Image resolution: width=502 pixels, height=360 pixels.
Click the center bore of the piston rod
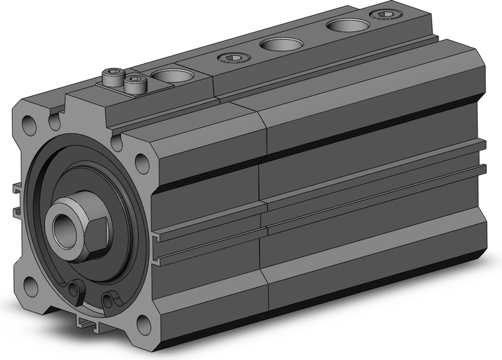tap(62, 225)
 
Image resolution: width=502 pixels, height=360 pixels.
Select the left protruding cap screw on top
tap(110, 78)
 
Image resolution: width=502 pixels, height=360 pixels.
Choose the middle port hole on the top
tap(278, 45)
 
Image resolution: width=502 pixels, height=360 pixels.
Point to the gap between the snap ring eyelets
tap(94, 296)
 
